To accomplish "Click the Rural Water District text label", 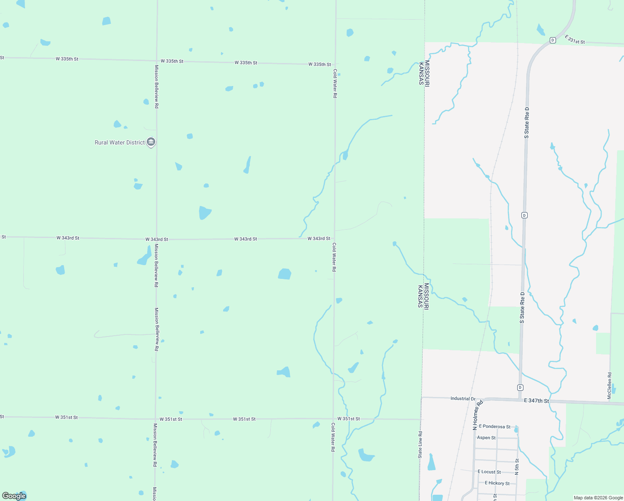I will tap(120, 142).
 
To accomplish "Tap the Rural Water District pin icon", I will tap(151, 142).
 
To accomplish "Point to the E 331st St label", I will tap(574, 40).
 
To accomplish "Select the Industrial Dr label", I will tap(463, 399).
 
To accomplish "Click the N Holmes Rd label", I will tap(478, 415).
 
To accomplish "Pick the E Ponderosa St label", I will tap(494, 427).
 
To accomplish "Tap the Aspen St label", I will tap(486, 438).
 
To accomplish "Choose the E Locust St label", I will tap(489, 472).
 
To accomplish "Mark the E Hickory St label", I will tap(497, 483).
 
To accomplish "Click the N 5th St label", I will tap(517, 467).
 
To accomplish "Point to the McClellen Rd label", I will tap(609, 386).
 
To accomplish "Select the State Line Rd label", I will tap(420, 445).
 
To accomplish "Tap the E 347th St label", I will tap(536, 401).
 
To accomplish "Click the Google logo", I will tap(14, 496).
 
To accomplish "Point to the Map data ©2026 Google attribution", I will tap(598, 498).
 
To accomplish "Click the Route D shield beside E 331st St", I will tap(553, 40).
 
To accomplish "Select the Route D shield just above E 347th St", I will tap(520, 387).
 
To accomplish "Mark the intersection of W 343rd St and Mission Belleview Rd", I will tap(156, 239).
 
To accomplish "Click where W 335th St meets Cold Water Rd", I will tap(335, 64).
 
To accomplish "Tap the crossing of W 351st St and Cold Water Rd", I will tap(333, 419).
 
